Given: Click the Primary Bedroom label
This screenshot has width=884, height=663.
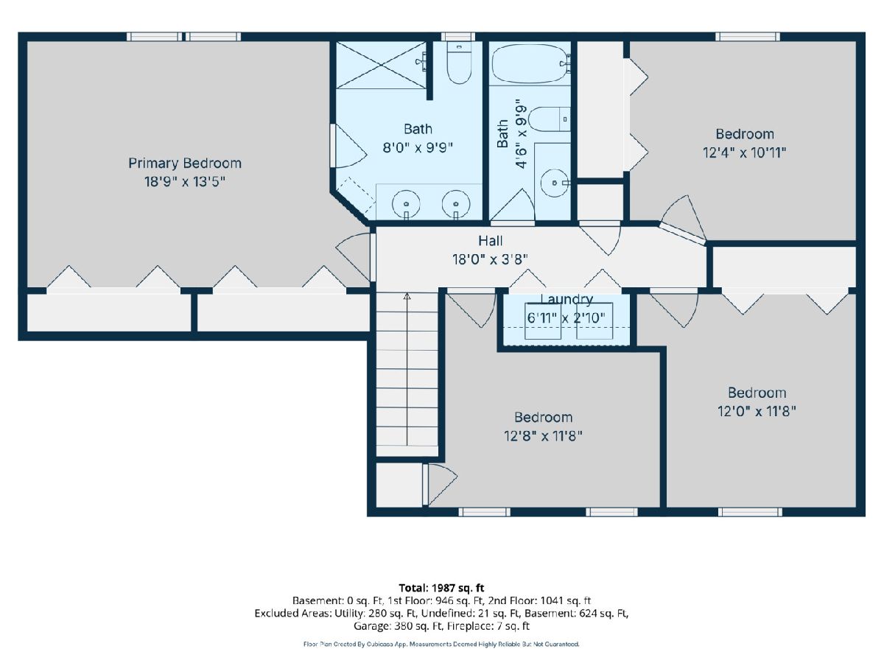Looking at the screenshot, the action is point(185,164).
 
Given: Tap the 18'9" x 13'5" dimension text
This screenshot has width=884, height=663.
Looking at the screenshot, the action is point(185,182).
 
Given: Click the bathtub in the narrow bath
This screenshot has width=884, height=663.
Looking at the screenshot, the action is point(530,63).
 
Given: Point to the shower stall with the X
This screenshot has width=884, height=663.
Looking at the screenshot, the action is point(381,66).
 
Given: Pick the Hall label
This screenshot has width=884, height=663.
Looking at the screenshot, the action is point(490,241).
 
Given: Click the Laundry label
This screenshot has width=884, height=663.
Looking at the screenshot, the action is point(566,299).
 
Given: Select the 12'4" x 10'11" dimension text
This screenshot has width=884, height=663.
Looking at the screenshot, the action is point(744,153).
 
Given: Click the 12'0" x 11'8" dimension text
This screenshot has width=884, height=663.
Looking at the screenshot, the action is point(757,411).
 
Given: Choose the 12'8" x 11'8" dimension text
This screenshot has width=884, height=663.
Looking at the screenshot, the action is point(543,436).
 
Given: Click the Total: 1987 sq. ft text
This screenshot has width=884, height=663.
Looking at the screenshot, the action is point(441,588).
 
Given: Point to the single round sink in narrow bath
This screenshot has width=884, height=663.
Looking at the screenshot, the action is point(555,183).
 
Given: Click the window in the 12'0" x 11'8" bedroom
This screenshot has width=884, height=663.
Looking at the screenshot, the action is point(750,512).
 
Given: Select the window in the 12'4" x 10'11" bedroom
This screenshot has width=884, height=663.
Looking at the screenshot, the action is point(748,37).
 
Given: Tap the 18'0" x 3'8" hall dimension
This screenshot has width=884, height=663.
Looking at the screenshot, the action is point(490,259).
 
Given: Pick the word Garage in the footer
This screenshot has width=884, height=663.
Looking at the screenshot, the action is point(370,626).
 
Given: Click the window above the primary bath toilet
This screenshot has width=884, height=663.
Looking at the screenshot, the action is point(458,37).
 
